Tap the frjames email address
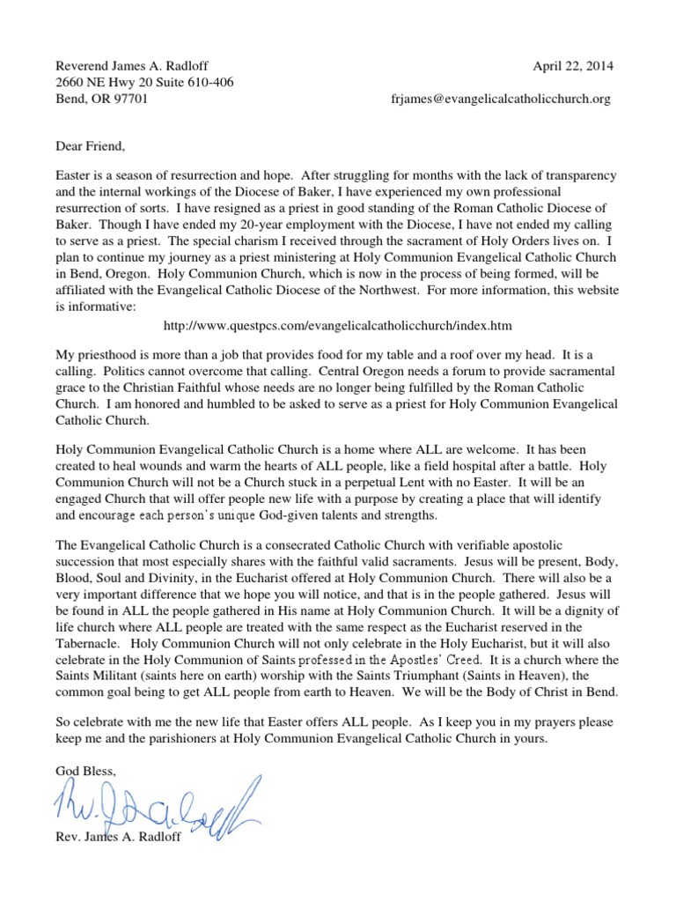(x=501, y=100)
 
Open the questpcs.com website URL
(x=338, y=326)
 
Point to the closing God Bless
(x=85, y=770)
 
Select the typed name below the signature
(x=118, y=837)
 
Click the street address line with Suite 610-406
(x=144, y=83)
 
